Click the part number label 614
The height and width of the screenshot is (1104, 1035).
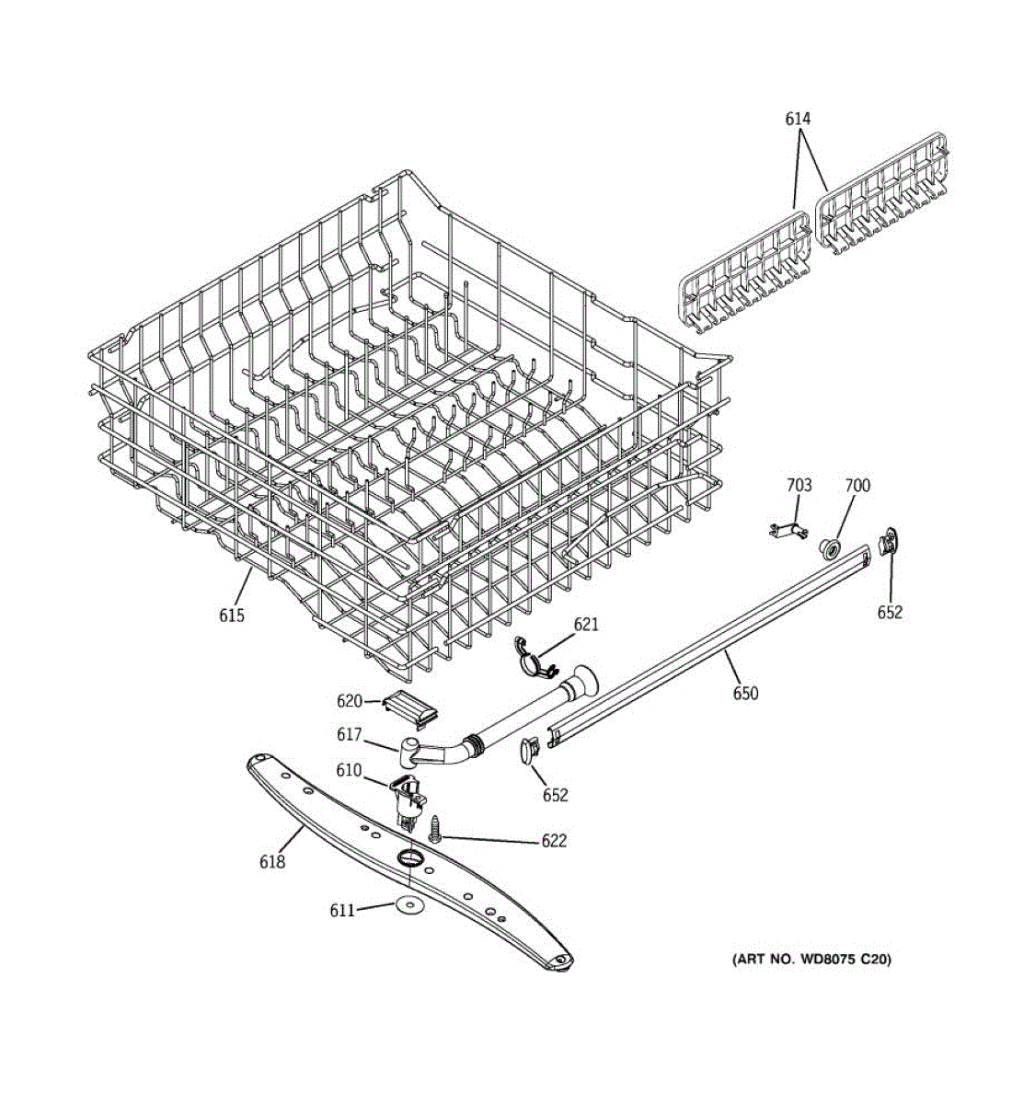(798, 119)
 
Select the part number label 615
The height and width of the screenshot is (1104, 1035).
(232, 615)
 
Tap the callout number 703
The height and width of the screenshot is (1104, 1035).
(799, 485)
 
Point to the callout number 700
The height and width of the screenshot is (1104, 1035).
(857, 485)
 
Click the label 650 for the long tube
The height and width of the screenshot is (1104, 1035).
(745, 693)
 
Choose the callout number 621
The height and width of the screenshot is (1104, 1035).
(586, 625)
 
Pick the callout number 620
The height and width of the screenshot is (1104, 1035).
(350, 701)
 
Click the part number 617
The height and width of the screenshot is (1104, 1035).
(350, 735)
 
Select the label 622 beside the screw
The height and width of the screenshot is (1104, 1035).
(554, 841)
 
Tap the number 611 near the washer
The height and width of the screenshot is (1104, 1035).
(342, 910)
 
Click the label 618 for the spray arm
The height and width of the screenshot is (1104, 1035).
(272, 862)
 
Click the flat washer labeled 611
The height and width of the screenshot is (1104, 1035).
(408, 906)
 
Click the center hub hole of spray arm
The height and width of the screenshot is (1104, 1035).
(409, 858)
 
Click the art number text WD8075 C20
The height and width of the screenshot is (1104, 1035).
(811, 960)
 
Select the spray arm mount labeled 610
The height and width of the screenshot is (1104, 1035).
(406, 797)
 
